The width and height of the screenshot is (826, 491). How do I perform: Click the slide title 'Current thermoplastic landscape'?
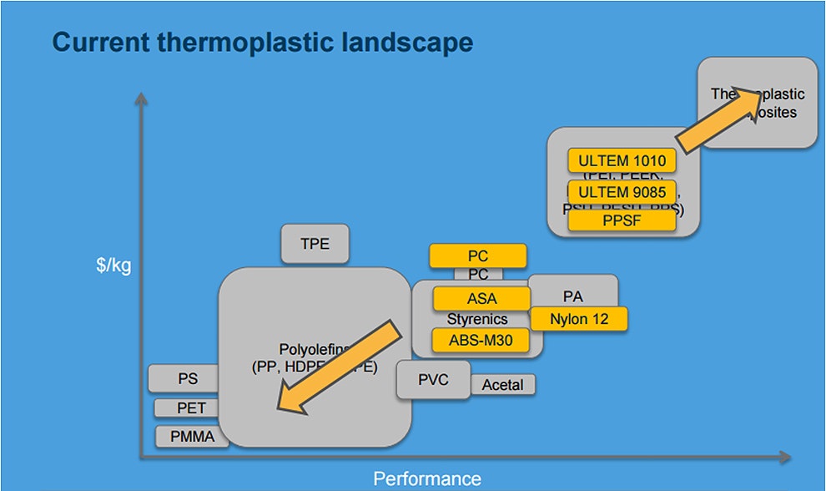pyautogui.click(x=262, y=43)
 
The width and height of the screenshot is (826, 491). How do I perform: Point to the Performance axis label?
pyautogui.click(x=426, y=478)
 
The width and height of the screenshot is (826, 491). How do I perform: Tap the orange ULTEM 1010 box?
pyautogui.click(x=621, y=160)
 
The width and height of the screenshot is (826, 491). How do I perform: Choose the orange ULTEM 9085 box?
pyautogui.click(x=621, y=192)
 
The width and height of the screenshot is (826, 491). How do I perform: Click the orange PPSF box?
pyautogui.click(x=621, y=220)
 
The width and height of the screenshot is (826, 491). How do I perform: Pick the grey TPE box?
pyautogui.click(x=315, y=244)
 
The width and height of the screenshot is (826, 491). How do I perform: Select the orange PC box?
pyautogui.click(x=477, y=256)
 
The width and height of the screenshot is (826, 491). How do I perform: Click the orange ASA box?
pyautogui.click(x=481, y=298)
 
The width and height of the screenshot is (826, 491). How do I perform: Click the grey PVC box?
pyautogui.click(x=433, y=380)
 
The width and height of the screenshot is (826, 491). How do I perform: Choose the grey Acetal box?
pyautogui.click(x=502, y=385)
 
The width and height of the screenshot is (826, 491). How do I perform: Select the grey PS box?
pyautogui.click(x=187, y=378)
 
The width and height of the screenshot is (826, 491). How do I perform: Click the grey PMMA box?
pyautogui.click(x=192, y=436)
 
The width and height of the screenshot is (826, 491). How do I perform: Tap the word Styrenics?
pyautogui.click(x=477, y=319)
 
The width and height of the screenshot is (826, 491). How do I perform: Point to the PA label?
pyautogui.click(x=572, y=296)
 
